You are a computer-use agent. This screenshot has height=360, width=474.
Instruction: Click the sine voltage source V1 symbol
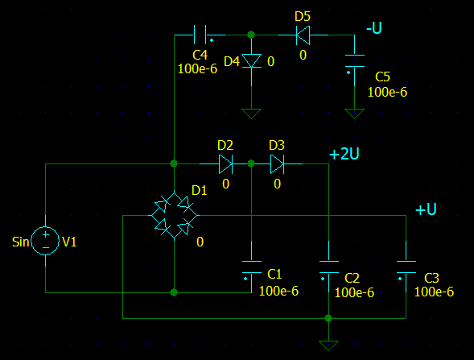46,241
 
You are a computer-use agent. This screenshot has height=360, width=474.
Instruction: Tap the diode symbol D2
225,164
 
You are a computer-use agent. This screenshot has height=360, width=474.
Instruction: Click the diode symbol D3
277,164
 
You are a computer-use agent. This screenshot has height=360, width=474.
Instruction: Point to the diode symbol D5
303,35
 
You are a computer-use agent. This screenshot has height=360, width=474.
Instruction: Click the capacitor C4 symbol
200,35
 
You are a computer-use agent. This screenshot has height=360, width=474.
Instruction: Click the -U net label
373,28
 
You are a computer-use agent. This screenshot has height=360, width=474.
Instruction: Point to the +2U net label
344,155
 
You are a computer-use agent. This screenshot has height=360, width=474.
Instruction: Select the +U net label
425,209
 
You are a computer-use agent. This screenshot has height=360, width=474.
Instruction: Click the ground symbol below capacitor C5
354,113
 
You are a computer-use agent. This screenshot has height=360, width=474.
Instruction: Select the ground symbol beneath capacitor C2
328,344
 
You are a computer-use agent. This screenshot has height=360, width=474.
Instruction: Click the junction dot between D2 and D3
251,163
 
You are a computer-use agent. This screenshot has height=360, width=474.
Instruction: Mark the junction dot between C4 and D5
251,35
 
